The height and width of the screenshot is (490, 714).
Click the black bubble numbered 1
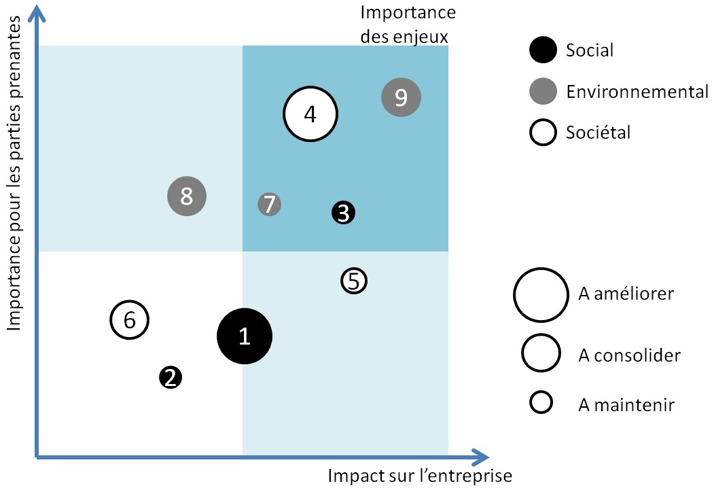click(x=245, y=336)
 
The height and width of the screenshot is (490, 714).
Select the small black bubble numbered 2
click(x=171, y=377)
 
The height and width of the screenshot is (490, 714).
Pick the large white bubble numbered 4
click(x=310, y=114)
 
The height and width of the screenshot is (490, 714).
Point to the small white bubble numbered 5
click(x=353, y=281)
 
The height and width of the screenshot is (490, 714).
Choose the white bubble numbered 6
click(x=129, y=319)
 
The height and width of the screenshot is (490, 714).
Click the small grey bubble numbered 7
click(x=270, y=204)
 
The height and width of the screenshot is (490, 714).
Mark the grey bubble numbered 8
click(x=187, y=196)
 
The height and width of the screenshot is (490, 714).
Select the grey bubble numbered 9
click(x=401, y=98)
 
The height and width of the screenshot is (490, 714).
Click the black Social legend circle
click(x=542, y=50)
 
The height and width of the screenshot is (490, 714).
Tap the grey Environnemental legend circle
click(x=542, y=91)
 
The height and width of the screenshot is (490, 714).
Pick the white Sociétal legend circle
click(x=542, y=133)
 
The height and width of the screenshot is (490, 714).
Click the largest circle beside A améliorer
click(x=541, y=294)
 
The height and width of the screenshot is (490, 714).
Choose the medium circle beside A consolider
click(x=541, y=354)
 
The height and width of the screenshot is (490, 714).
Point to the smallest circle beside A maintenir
click(x=541, y=402)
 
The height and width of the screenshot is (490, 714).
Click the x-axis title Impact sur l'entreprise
click(x=420, y=476)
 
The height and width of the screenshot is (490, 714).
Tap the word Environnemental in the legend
click(x=637, y=91)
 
